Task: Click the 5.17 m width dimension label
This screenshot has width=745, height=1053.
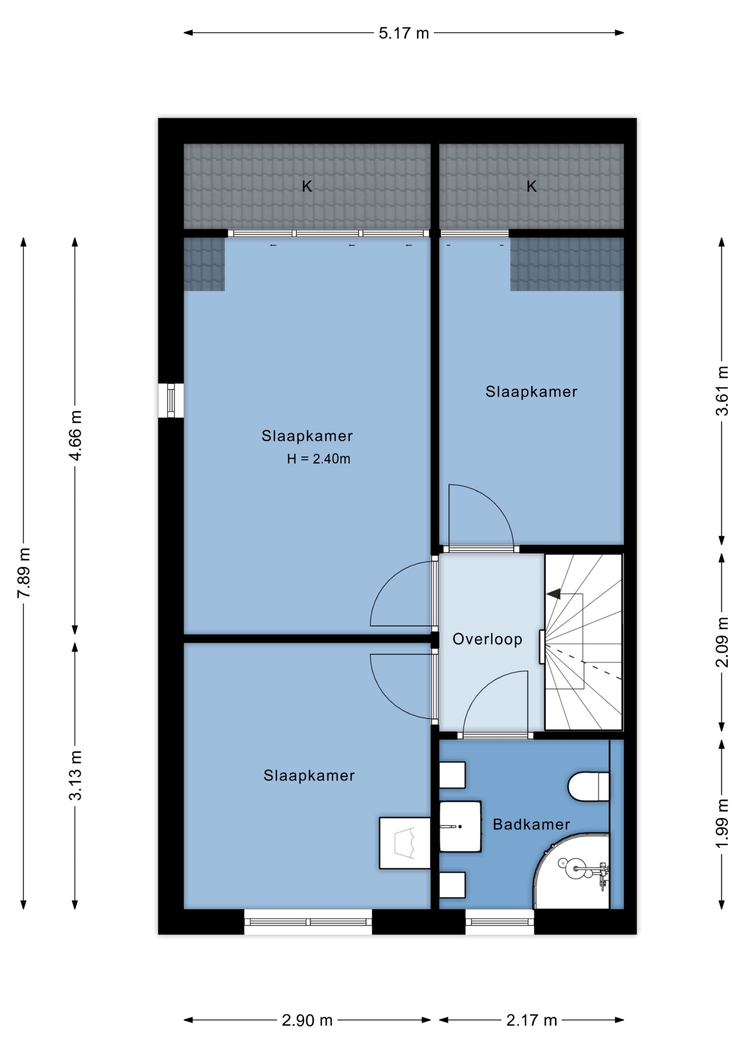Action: pyautogui.click(x=404, y=33)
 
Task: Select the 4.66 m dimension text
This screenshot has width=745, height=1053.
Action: pyautogui.click(x=75, y=435)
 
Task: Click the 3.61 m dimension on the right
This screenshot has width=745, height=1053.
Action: pyautogui.click(x=722, y=391)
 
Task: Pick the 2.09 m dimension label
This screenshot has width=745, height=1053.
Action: pyautogui.click(x=722, y=642)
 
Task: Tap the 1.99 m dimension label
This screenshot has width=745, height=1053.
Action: pyautogui.click(x=722, y=823)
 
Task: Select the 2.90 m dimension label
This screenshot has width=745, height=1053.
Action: pyautogui.click(x=307, y=1021)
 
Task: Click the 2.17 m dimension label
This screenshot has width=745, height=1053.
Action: pyautogui.click(x=532, y=1021)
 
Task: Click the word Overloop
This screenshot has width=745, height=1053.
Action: pyautogui.click(x=487, y=639)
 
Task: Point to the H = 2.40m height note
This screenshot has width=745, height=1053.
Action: pyautogui.click(x=318, y=459)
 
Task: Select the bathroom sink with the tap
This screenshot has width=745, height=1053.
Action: pyautogui.click(x=460, y=826)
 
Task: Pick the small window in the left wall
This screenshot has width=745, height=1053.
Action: pyautogui.click(x=171, y=400)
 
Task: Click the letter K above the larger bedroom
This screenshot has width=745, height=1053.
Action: pyautogui.click(x=307, y=186)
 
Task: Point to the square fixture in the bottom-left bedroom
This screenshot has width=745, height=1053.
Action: pyautogui.click(x=405, y=843)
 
